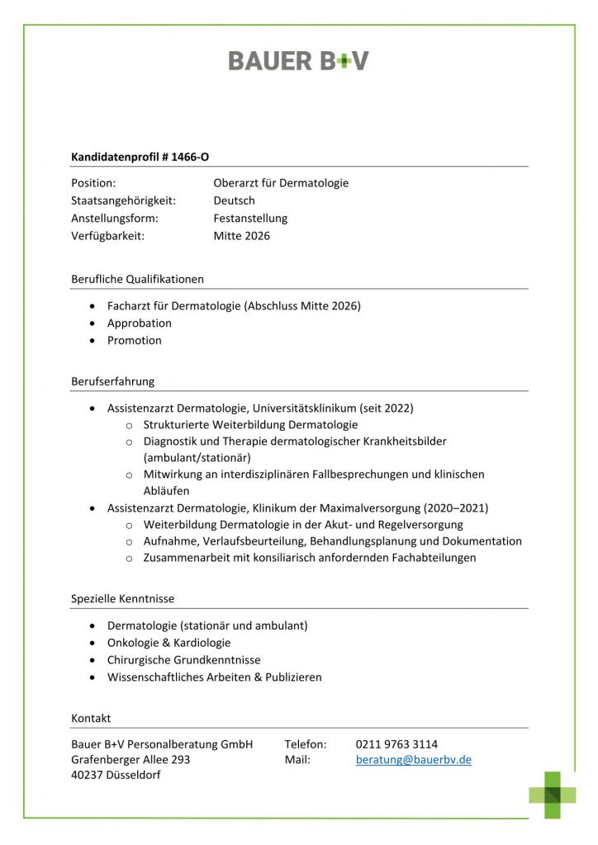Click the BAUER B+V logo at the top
298,60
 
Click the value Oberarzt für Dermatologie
281,183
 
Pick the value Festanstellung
250,219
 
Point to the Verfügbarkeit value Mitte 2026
241,236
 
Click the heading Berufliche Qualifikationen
137,279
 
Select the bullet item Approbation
140,323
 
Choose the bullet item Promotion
135,340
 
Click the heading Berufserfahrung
112,381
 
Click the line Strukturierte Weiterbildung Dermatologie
250,424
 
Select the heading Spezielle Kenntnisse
122,598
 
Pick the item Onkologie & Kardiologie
169,642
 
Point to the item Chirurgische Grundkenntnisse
183,659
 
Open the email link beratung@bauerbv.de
413,759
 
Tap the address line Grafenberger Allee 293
131,759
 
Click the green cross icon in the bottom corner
553,795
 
